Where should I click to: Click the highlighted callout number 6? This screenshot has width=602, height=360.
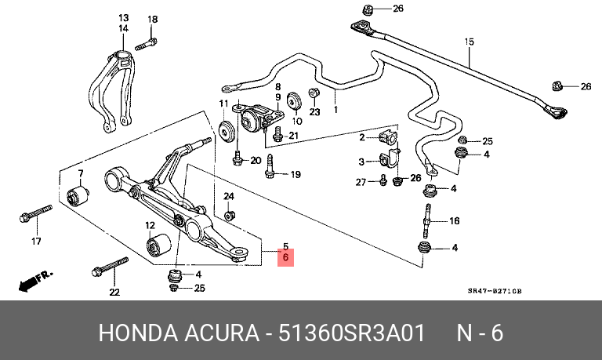coord(285,257)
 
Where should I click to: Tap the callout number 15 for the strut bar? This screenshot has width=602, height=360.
coord(469,42)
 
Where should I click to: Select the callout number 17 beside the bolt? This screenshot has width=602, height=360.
coord(35,242)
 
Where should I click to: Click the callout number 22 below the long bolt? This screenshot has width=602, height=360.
coord(114,293)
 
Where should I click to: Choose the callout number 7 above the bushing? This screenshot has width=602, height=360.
coord(79,173)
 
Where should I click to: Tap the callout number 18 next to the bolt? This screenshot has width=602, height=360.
coord(152,19)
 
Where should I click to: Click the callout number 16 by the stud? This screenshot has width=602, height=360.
coord(454,221)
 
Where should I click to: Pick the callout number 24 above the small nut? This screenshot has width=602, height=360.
coord(229,195)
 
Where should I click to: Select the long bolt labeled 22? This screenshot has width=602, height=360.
coord(110,266)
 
